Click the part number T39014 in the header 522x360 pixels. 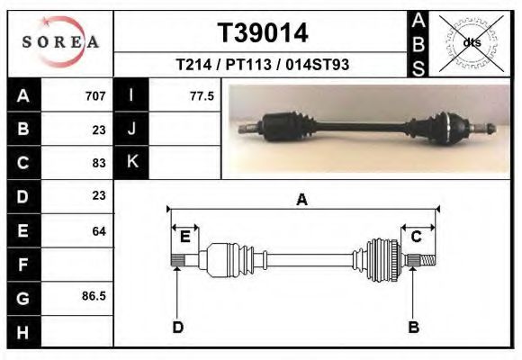pyautogui.click(x=263, y=33)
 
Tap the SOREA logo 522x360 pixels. pyautogui.click(x=60, y=41)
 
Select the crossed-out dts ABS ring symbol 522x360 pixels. pyautogui.click(x=472, y=43)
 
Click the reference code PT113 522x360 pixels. pyautogui.click(x=248, y=64)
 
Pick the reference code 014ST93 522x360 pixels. pyautogui.click(x=318, y=64)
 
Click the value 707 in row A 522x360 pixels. pyautogui.click(x=95, y=96)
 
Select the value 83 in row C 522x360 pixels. pyautogui.click(x=99, y=163)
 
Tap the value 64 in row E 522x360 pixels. pyautogui.click(x=99, y=230)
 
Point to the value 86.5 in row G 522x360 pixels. pyautogui.click(x=94, y=296)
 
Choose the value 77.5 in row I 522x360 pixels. pyautogui.click(x=202, y=96)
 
